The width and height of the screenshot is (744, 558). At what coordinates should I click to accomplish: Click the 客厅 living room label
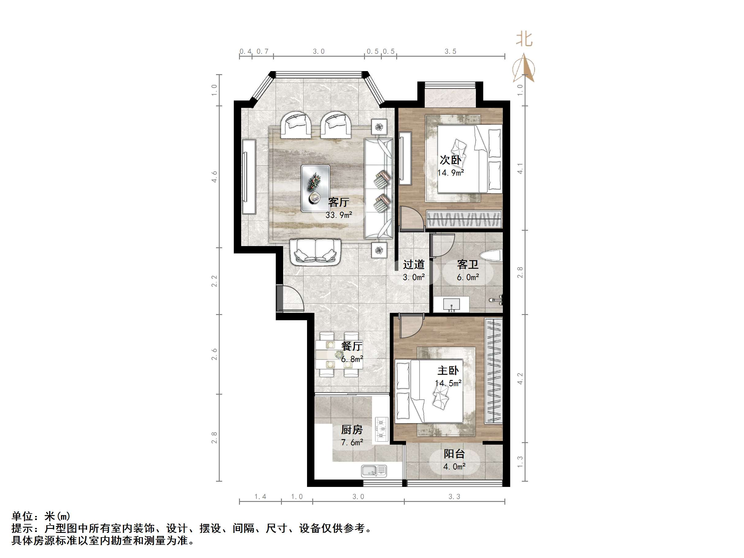pos(338,202)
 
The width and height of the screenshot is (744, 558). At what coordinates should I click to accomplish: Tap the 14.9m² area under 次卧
pos(450,173)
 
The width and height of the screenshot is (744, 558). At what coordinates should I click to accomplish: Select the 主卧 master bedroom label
pos(448,371)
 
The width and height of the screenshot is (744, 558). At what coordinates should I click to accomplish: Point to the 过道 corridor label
pos(413,265)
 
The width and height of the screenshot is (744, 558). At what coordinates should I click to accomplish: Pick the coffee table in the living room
pos(315,188)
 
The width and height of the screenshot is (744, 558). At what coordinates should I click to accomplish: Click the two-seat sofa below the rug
pos(316,252)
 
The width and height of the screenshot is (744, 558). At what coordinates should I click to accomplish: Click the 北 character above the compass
pos(524,39)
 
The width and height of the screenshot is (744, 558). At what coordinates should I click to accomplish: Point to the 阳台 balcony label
pos(454,454)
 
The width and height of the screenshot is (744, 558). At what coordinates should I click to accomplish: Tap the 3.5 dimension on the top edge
pos(450,51)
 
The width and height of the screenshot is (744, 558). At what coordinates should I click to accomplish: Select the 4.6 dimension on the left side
pos(214,177)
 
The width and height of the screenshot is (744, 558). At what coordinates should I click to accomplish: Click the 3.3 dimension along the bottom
pos(454,497)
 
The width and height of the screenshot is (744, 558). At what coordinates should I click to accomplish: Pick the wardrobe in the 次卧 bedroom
pos(464,219)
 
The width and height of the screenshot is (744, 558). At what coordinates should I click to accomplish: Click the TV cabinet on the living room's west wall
pos(249,177)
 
